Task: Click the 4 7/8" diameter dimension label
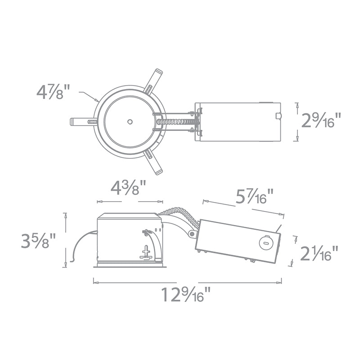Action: tap(53, 92)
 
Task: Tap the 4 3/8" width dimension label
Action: tap(128, 188)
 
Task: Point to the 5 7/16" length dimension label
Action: tap(255, 196)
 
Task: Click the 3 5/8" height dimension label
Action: tap(38, 241)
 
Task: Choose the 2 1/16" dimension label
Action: tap(319, 253)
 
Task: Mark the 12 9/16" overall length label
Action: tap(186, 295)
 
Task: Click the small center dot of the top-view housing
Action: tap(130, 121)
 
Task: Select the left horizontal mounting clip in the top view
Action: tap(84, 121)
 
